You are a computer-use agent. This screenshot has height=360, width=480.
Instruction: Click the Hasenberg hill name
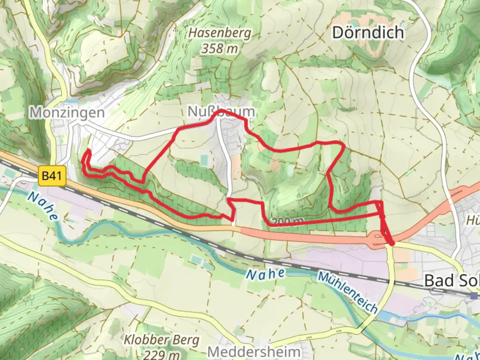220,33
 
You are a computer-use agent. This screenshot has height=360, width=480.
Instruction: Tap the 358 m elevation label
220,49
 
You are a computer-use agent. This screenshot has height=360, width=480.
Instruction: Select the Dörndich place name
368,33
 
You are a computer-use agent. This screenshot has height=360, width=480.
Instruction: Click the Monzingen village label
67,113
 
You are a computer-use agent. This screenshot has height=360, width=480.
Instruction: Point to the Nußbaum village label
221,112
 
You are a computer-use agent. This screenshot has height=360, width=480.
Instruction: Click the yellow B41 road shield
52,176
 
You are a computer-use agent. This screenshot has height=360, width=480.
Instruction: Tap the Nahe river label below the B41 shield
42,207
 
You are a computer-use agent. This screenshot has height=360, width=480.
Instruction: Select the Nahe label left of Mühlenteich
265,274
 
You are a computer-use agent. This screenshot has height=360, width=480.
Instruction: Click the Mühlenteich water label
348,292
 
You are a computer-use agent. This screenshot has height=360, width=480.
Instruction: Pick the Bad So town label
452,281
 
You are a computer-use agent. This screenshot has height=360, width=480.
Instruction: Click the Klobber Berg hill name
162,340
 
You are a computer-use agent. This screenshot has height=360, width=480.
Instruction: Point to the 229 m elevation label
162,354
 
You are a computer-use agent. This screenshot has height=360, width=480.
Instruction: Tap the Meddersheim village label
254,352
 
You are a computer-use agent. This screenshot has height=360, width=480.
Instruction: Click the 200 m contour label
287,221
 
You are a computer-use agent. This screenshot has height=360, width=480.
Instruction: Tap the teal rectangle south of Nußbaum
204,160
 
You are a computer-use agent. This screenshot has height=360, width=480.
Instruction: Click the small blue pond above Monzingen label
73,100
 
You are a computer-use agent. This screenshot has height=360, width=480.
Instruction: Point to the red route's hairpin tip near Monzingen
89,151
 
